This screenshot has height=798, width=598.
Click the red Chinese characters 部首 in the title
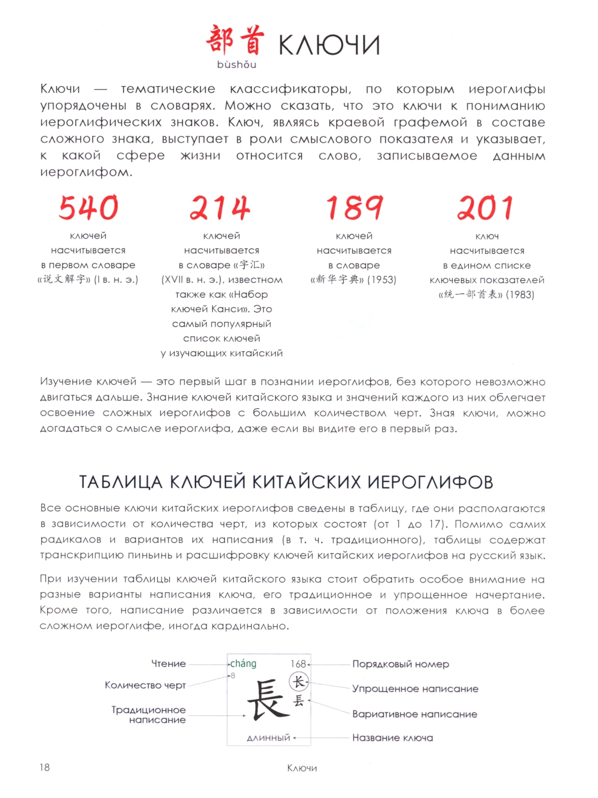click(x=235, y=41)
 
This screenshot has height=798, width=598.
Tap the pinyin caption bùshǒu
click(x=237, y=65)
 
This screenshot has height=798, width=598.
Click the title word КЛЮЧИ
click(x=329, y=45)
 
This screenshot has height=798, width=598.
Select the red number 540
click(x=89, y=208)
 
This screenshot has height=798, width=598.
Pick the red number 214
click(x=220, y=208)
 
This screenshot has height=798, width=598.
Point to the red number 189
click(x=354, y=208)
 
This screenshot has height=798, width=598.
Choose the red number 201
click(x=486, y=208)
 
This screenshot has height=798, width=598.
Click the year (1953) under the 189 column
click(x=382, y=280)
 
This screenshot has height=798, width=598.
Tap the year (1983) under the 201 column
click(x=520, y=295)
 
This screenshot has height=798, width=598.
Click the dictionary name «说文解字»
click(x=65, y=280)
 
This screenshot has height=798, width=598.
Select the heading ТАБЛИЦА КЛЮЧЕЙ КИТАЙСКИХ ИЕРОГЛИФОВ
click(x=286, y=483)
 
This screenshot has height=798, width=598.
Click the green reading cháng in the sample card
click(x=243, y=664)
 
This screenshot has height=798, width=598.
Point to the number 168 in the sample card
click(x=298, y=664)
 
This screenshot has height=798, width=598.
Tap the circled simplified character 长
click(x=298, y=682)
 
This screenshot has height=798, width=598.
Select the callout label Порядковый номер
click(x=401, y=664)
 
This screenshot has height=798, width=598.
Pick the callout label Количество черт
click(x=145, y=685)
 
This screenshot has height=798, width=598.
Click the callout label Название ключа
click(x=392, y=738)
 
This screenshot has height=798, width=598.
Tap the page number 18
click(x=45, y=767)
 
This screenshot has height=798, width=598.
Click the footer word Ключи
click(x=302, y=768)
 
